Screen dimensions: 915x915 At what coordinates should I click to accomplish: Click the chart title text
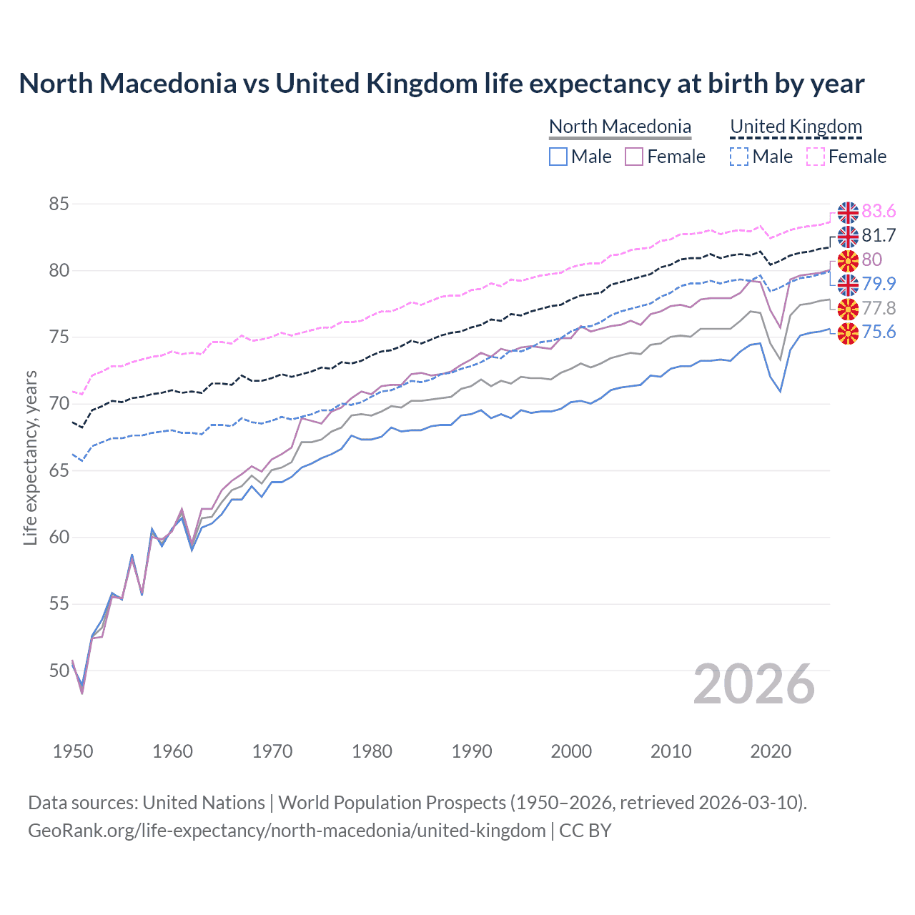point(441,84)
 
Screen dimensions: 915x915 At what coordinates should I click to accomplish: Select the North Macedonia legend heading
point(620,127)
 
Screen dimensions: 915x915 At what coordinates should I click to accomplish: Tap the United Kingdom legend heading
point(796,127)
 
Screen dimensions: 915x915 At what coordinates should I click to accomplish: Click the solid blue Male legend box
point(558,157)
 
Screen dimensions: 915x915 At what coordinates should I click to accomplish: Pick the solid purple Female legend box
point(634,157)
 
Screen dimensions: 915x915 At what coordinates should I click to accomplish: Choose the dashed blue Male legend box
point(739,157)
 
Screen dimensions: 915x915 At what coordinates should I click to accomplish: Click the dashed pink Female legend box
point(816,157)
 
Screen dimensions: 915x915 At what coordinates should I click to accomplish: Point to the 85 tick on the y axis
point(59,204)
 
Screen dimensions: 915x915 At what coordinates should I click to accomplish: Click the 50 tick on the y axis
point(59,671)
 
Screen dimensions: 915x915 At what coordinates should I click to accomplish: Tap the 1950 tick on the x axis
point(73,751)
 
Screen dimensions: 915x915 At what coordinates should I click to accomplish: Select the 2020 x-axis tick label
point(771,751)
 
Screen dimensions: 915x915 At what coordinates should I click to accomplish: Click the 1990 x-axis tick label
point(472,751)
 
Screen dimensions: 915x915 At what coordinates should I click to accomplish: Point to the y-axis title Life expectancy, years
point(31,457)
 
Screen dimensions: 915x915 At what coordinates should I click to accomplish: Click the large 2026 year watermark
point(754,684)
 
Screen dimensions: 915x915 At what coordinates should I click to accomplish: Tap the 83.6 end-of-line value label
point(879,212)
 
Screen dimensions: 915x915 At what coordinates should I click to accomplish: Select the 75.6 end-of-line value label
point(879,332)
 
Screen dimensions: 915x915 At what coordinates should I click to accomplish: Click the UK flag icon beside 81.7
point(848,236)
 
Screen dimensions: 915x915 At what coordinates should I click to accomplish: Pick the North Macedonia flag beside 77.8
point(848,309)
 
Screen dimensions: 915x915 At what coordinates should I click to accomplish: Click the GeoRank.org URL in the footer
point(287,831)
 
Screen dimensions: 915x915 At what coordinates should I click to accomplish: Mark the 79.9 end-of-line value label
point(879,285)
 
